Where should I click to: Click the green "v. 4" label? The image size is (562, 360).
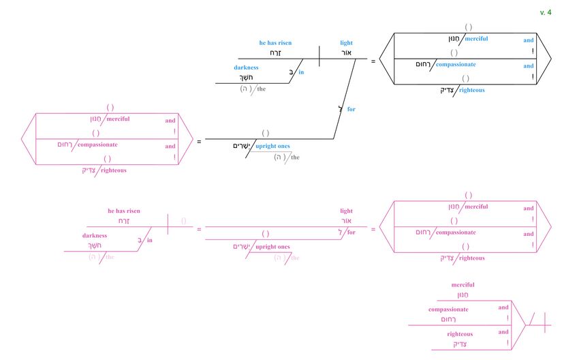pyautogui.click(x=545, y=12)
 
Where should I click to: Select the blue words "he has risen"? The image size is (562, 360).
pyautogui.click(x=275, y=43)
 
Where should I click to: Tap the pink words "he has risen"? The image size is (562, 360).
pyautogui.click(x=124, y=211)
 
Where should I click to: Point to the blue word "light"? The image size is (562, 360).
pyautogui.click(x=347, y=43)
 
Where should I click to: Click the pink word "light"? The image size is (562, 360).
pyautogui.click(x=347, y=211)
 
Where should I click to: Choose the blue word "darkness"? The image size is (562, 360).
pyautogui.click(x=246, y=67)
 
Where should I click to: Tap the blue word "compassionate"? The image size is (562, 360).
pyautogui.click(x=456, y=64)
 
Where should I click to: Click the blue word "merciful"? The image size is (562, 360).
pyautogui.click(x=476, y=39)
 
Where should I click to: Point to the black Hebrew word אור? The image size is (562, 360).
pyautogui.click(x=346, y=52)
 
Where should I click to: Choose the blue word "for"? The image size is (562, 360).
pyautogui.click(x=352, y=109)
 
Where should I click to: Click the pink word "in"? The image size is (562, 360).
pyautogui.click(x=150, y=240)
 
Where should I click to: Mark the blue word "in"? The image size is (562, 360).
pyautogui.click(x=301, y=72)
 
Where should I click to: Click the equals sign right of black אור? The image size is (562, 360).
pyautogui.click(x=373, y=61)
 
